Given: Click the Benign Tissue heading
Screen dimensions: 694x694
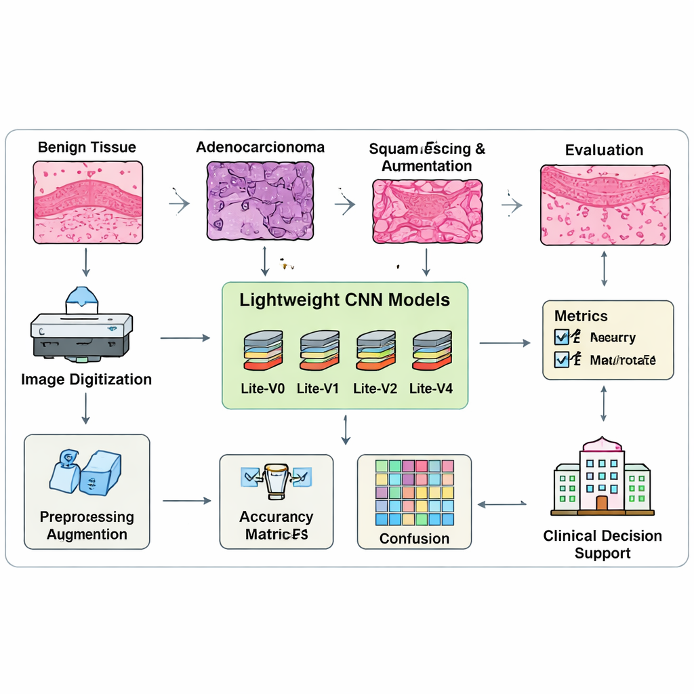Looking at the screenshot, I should tap(87, 147).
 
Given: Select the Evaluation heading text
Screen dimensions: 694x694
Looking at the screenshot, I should tap(604, 150).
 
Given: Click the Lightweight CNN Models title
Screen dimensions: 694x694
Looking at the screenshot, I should tap(344, 300).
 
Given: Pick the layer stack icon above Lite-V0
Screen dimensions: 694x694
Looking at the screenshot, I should tap(263, 350).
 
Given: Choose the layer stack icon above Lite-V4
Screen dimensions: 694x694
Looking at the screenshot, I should tap(432, 350).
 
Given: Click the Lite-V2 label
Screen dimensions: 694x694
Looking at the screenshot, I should tap(375, 388).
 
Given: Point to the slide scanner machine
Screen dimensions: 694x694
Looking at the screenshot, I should tap(81, 327).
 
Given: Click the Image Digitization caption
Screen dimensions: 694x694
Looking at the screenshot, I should tap(86, 379).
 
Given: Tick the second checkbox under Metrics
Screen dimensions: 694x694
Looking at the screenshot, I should tap(562, 359).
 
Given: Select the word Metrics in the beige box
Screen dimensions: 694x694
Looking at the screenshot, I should tap(581, 316).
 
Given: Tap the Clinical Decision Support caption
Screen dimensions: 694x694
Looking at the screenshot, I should tap(603, 544).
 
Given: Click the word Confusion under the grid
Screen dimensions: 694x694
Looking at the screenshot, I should tap(414, 539).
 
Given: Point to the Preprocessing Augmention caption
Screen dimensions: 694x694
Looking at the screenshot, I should tap(87, 525).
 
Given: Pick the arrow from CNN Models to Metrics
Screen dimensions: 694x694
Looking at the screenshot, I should tap(505, 344).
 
